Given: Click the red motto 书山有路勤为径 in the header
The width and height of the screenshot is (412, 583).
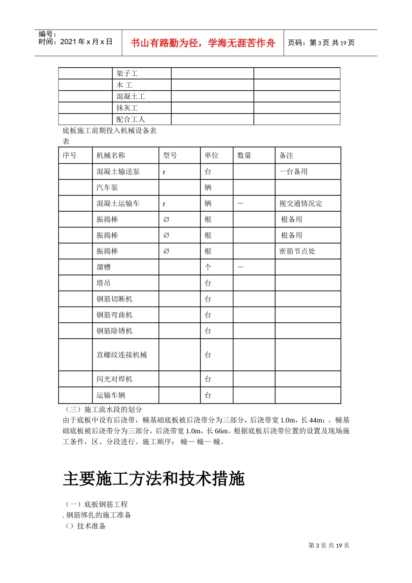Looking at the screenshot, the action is click(x=203, y=43).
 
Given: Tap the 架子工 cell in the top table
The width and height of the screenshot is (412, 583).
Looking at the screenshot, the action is click(x=127, y=73).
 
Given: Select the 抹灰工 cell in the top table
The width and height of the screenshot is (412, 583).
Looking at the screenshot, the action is click(x=127, y=108).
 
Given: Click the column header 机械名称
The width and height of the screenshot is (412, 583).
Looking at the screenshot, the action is click(x=111, y=155).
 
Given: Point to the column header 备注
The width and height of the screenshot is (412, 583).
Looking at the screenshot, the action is click(x=286, y=155).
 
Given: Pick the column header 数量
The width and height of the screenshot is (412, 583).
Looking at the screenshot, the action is click(x=244, y=155).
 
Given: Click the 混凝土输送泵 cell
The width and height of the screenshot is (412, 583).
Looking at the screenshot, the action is click(x=118, y=172).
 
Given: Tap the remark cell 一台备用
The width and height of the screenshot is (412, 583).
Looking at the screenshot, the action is click(x=293, y=172).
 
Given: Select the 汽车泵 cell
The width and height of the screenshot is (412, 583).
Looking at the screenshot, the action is click(x=107, y=187).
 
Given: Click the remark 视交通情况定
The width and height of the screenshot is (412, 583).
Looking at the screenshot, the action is click(x=301, y=203).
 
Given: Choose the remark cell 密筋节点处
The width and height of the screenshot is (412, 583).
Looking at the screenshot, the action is click(x=297, y=251).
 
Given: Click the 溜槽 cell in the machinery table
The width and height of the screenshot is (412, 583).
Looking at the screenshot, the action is click(x=104, y=267).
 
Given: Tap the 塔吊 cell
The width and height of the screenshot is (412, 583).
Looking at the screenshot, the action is click(x=104, y=283).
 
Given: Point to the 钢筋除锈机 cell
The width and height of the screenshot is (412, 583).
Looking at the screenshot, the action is click(x=114, y=331).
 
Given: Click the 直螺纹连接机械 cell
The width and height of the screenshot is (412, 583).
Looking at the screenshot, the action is click(x=122, y=355).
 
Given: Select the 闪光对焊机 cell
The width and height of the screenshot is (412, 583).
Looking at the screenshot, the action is click(x=114, y=379).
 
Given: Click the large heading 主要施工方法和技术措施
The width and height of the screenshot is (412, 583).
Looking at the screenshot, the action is click(x=154, y=479).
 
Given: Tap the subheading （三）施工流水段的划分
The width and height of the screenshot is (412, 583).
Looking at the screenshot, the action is click(x=103, y=409).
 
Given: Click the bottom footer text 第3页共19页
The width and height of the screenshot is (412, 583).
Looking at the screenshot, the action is click(x=329, y=546).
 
